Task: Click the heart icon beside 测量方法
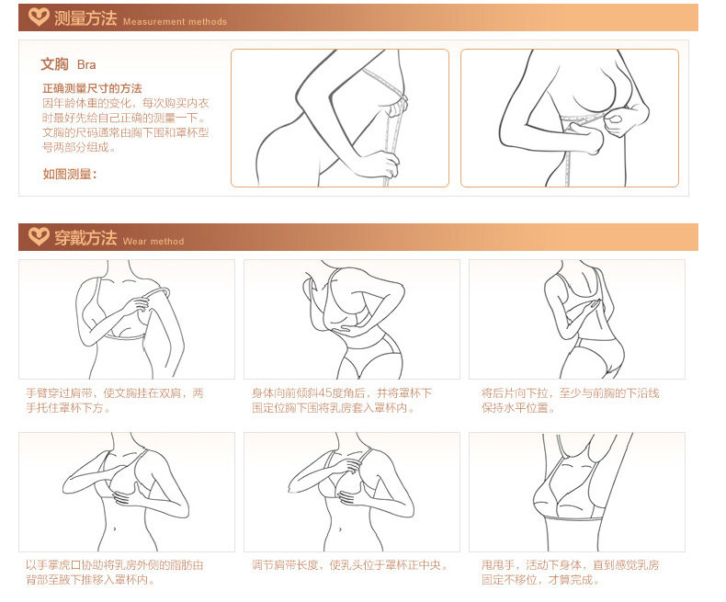pos(39,17)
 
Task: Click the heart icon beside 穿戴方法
pos(39,236)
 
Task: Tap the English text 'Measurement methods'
pos(175,22)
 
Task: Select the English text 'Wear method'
pos(153,242)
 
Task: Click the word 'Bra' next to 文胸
pos(86,65)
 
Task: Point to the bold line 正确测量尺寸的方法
pos(92,88)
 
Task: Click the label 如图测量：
pos(70,174)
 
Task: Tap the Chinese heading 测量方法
pos(85,18)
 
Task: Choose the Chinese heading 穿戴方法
pos(85,237)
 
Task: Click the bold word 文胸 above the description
pos(54,64)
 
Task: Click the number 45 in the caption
pos(325,393)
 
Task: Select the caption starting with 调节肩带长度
pos(350,565)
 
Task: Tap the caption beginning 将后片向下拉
pos(571,401)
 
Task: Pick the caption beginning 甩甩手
pos(571,573)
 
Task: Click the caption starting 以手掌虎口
pos(114,573)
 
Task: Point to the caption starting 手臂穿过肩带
pos(114,401)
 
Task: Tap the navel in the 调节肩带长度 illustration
pos(340,528)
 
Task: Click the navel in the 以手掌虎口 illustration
pos(115,528)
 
